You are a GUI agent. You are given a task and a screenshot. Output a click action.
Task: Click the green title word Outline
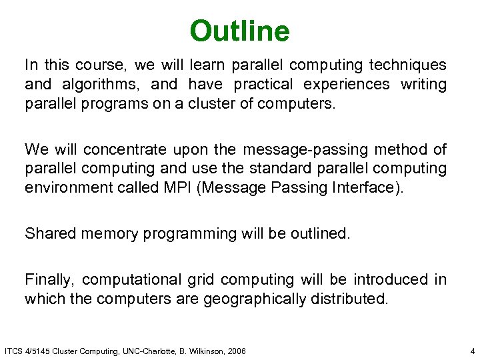[239, 31]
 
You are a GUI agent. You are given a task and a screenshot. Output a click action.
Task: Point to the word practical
[261, 85]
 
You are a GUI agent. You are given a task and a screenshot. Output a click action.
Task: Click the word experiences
[347, 85]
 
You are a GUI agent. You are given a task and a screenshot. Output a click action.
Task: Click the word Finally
[50, 279]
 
